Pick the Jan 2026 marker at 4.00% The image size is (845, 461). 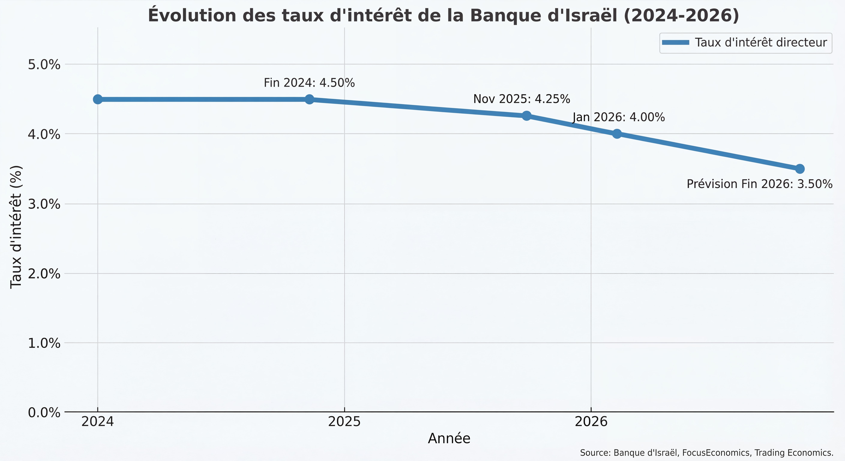[x=617, y=134]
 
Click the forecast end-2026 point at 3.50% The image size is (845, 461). [x=800, y=169]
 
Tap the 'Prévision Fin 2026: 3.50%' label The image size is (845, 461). [x=759, y=184]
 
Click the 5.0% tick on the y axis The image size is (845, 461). [x=44, y=65]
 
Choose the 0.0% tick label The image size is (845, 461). [x=44, y=412]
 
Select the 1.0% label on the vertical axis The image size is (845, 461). [x=44, y=343]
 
